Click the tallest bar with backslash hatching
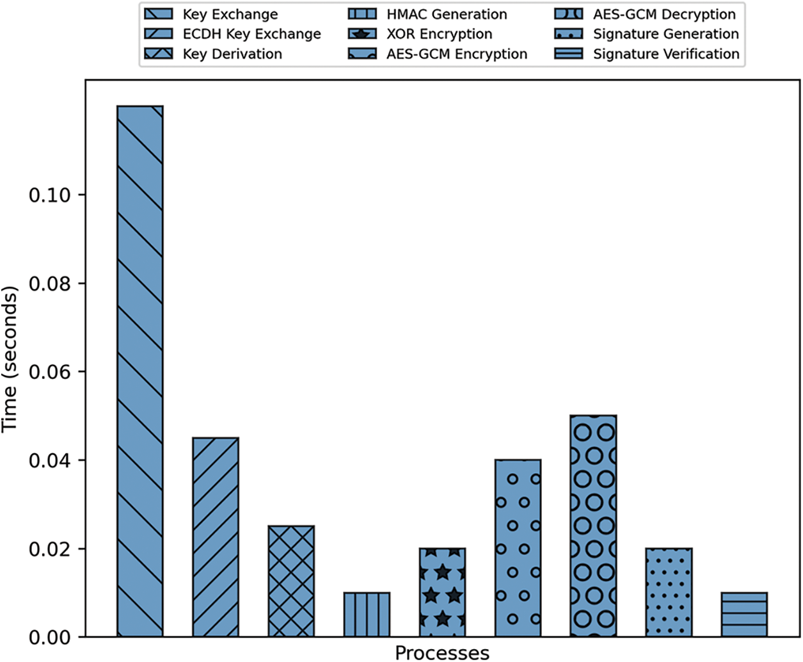[x=140, y=371]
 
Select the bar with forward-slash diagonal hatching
[x=216, y=537]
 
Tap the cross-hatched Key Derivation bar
[x=291, y=581]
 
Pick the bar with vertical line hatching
[x=367, y=615]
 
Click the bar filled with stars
[x=442, y=592]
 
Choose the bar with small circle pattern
[x=518, y=548]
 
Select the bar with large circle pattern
[x=593, y=526]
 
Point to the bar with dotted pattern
[x=669, y=592]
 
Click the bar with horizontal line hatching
[x=744, y=615]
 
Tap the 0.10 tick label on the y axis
[x=50, y=195]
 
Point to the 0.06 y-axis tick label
[x=50, y=372]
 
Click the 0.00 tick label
[x=50, y=638]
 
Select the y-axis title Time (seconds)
[x=10, y=359]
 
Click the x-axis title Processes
[x=442, y=652]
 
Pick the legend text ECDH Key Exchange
[x=251, y=34]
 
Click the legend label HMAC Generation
[x=447, y=14]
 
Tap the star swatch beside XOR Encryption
[x=362, y=34]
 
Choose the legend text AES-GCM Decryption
[x=664, y=14]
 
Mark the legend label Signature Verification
[x=666, y=54]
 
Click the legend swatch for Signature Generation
[x=569, y=34]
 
